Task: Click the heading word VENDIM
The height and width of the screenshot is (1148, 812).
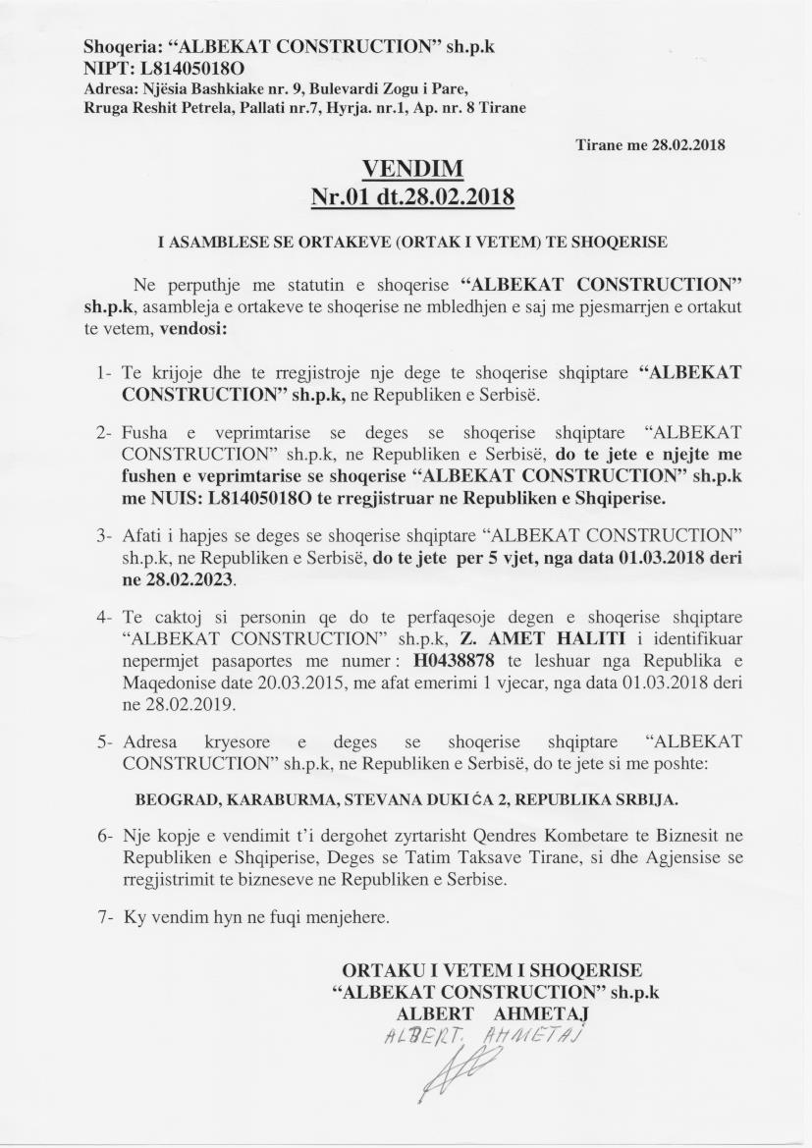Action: tap(412, 169)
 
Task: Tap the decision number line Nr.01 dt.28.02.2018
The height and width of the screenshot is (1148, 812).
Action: tap(412, 196)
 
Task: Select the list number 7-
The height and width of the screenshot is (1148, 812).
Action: tap(107, 918)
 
